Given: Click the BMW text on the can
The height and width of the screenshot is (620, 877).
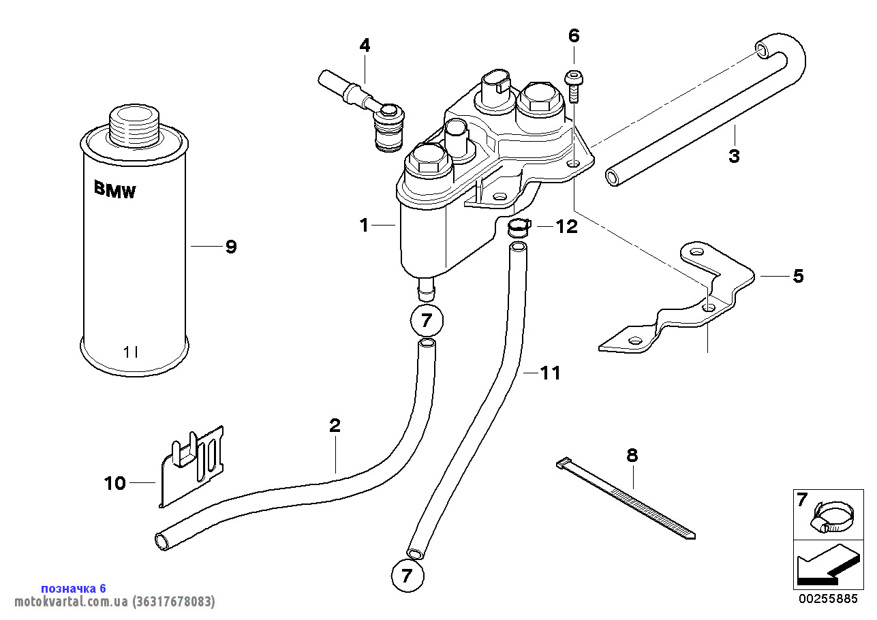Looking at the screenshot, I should (x=114, y=190).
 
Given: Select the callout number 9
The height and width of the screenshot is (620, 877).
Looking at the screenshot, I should (x=231, y=247).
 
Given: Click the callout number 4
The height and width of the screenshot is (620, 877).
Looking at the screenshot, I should (x=365, y=46).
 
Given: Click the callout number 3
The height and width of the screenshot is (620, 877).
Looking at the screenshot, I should (x=733, y=156).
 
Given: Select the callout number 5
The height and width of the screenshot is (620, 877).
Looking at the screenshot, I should (x=797, y=276).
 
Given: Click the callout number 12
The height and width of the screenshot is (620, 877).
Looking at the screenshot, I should (x=566, y=226).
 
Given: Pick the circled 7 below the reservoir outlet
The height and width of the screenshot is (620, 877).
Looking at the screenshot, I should (x=427, y=320).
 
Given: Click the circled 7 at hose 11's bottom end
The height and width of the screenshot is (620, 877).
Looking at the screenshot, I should (x=407, y=576).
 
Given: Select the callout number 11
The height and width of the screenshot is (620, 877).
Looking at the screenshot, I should (x=550, y=373).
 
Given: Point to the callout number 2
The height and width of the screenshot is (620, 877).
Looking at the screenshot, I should (x=335, y=427).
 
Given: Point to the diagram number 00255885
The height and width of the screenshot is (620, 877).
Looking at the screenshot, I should (x=828, y=600).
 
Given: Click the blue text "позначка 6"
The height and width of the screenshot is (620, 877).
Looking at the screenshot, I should (x=74, y=588).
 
